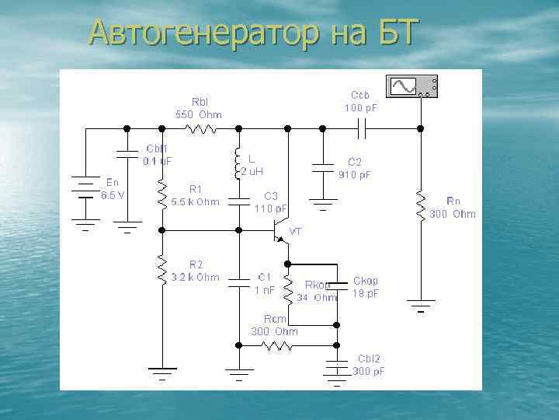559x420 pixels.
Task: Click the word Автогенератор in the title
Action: (200, 34)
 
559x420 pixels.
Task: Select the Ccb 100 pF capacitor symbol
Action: (366, 127)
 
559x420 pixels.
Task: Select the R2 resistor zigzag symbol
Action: (161, 268)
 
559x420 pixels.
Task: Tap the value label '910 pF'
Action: (354, 175)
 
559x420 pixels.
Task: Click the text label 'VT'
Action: (296, 232)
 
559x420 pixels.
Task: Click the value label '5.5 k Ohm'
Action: (196, 202)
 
